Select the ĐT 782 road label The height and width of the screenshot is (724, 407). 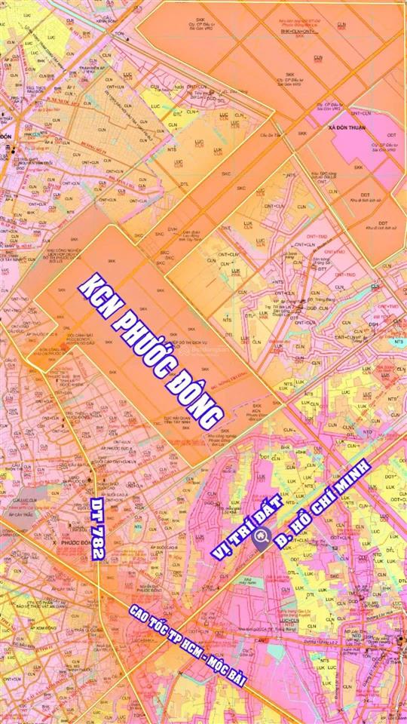pos(97,527)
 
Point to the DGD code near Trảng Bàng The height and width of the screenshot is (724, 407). pos(311,308)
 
